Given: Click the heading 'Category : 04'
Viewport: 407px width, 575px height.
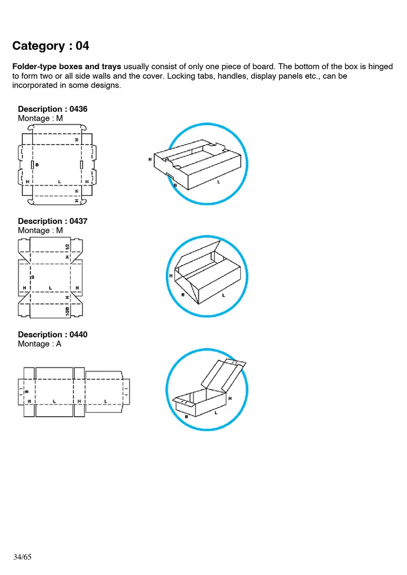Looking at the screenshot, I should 50,46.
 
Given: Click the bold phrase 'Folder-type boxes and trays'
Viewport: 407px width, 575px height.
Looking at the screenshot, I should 67,67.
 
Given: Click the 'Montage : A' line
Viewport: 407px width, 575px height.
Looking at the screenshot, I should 39,344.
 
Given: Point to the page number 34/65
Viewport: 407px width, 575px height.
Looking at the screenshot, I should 22,557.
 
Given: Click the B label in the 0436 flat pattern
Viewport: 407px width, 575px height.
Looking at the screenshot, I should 37,165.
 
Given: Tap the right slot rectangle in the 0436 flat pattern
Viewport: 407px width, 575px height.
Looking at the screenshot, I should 81,165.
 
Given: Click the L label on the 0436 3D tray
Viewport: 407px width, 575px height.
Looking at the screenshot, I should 219,182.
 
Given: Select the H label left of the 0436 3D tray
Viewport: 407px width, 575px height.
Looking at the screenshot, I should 150,159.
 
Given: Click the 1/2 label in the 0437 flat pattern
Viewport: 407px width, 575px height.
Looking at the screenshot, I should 67,246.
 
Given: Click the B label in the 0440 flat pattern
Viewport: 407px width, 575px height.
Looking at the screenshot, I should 26,391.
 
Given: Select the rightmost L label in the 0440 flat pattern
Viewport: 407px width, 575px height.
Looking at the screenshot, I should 105,401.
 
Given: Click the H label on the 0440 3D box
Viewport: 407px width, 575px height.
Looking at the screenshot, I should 230,398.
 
